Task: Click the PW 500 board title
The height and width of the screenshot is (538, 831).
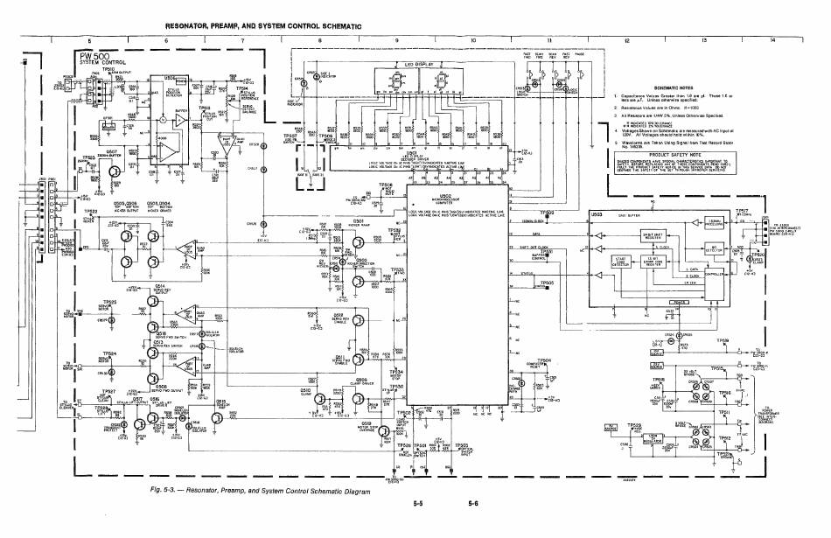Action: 88,57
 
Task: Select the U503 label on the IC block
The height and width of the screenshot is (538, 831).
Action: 597,213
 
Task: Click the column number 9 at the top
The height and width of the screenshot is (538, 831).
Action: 398,41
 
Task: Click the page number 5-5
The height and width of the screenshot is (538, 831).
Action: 419,505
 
